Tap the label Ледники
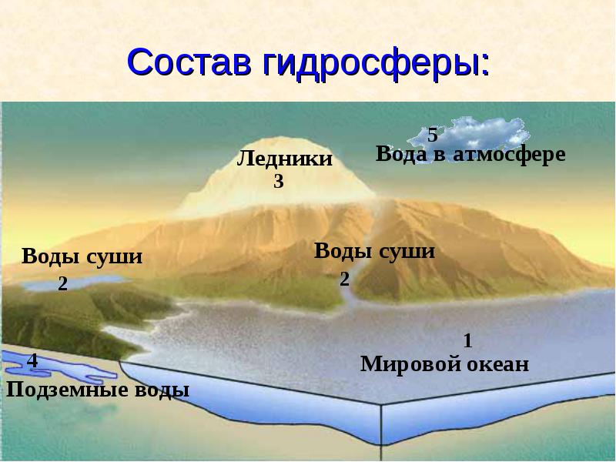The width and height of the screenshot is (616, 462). point(284,159)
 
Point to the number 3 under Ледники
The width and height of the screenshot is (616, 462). point(279,182)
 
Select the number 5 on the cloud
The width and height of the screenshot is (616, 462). point(433,136)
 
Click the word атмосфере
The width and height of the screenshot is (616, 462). point(509,154)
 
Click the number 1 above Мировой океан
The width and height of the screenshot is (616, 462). point(467,340)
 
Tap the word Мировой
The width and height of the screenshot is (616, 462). point(409,364)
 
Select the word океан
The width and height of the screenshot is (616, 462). point(497,364)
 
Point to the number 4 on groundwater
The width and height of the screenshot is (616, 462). point(32,360)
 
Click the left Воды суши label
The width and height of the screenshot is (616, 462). point(82,256)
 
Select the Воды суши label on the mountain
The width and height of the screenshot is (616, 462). point(375,251)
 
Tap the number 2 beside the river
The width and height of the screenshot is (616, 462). point(345,279)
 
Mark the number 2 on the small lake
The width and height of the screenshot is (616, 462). point(62,284)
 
